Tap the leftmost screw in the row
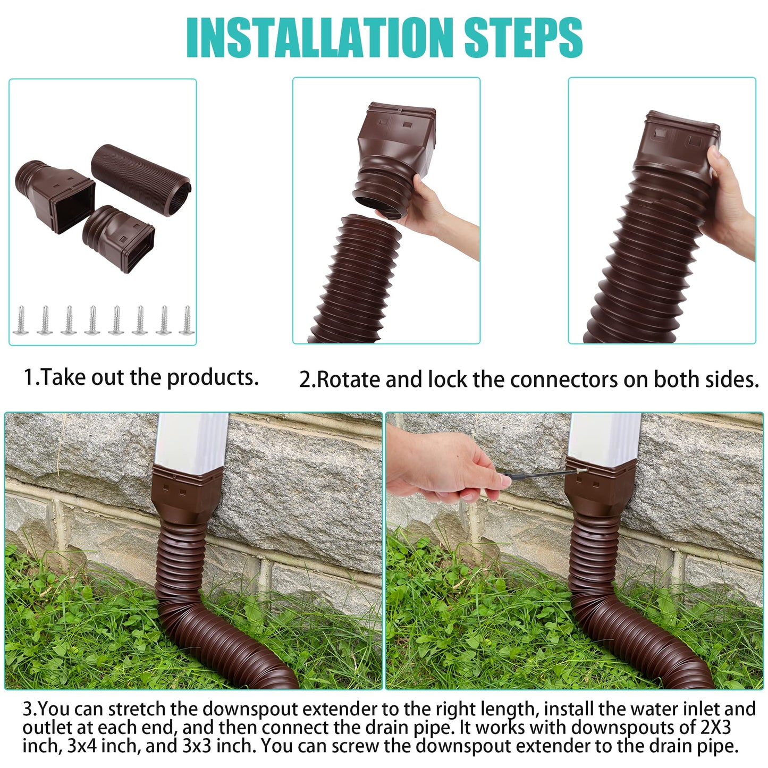(21, 320)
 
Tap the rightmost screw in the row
(186, 320)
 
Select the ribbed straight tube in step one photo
(141, 181)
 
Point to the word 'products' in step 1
(213, 377)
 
